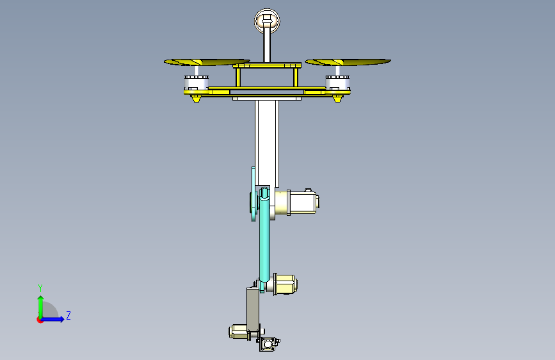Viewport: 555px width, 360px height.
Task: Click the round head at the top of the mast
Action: tap(267, 20)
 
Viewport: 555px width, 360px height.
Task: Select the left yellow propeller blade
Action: tap(207, 62)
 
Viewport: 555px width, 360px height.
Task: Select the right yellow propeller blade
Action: tap(348, 62)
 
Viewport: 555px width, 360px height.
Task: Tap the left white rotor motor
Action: tap(197, 83)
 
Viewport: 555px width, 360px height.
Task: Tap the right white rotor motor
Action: tap(337, 83)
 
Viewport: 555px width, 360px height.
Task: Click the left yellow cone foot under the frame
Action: tap(196, 98)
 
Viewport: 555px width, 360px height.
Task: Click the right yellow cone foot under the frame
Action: tap(337, 98)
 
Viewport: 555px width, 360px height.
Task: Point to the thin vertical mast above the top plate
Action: tap(266, 46)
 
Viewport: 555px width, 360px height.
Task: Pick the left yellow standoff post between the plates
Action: tap(238, 77)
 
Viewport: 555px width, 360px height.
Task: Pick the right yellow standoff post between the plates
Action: tap(296, 77)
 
